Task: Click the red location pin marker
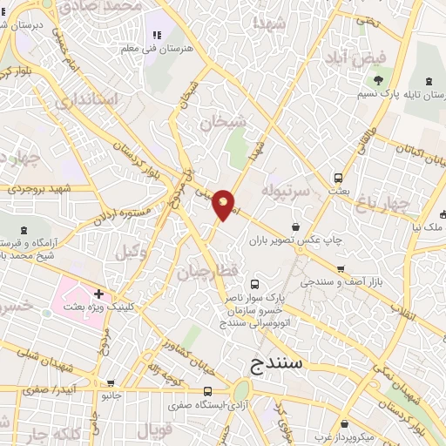pyautogui.click(x=224, y=205)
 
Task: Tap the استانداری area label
pyautogui.click(x=86, y=100)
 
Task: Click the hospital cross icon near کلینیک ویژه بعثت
pyautogui.click(x=99, y=294)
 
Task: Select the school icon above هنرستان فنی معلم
pyautogui.click(x=157, y=35)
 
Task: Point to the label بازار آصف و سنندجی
pyautogui.click(x=340, y=283)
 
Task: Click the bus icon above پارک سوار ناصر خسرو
pyautogui.click(x=255, y=284)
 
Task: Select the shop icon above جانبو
pyautogui.click(x=111, y=382)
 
